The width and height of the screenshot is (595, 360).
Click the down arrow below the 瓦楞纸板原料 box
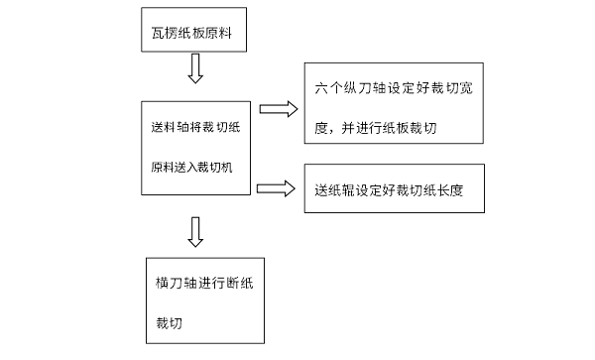[x=195, y=69]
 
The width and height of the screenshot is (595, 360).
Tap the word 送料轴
[x=162, y=127]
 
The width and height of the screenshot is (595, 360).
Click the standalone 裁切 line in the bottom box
[x=170, y=323]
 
